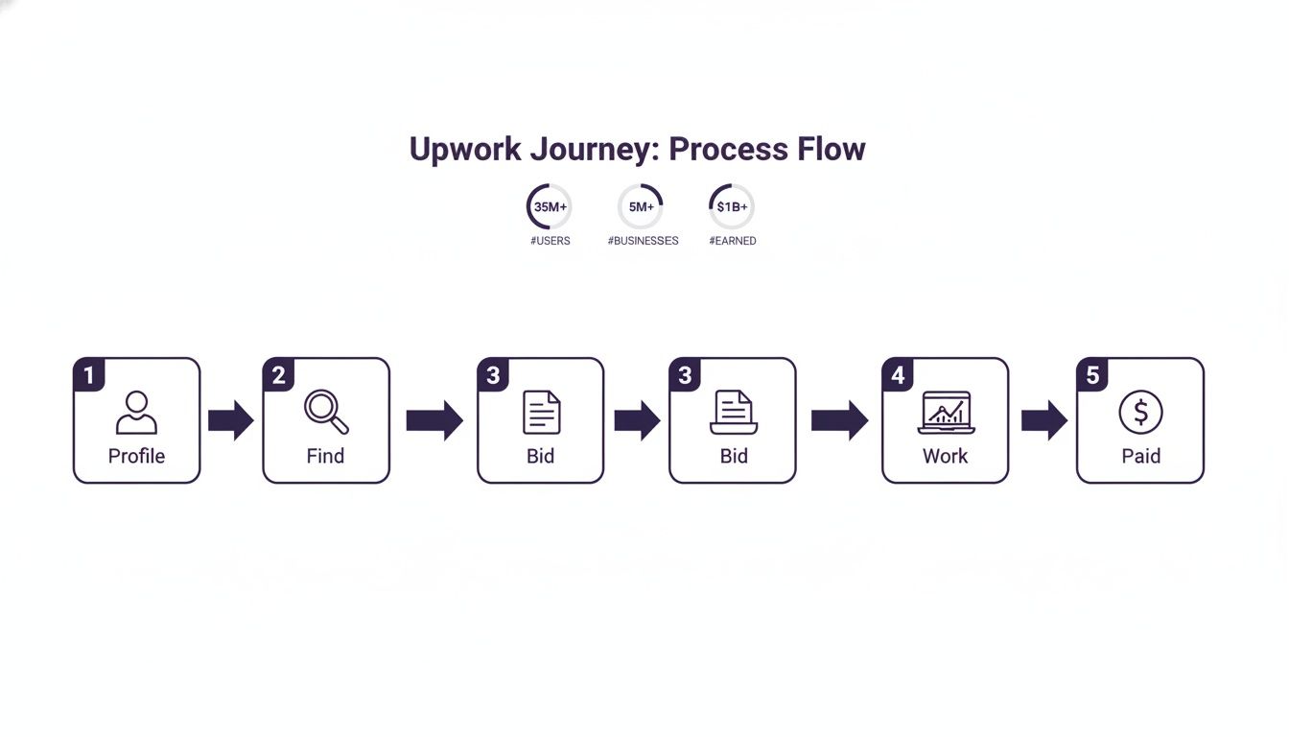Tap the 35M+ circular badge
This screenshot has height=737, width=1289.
pyautogui.click(x=550, y=206)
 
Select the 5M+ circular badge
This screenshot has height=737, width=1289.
pyautogui.click(x=641, y=206)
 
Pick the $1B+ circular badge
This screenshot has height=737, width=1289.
pyautogui.click(x=732, y=206)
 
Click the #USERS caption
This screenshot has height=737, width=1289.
pyautogui.click(x=550, y=241)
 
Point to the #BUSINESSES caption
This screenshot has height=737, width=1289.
pyautogui.click(x=643, y=241)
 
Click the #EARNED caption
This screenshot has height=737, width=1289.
pyautogui.click(x=733, y=241)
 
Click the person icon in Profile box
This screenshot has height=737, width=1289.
pyautogui.click(x=136, y=413)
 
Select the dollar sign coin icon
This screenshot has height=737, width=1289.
pyautogui.click(x=1140, y=413)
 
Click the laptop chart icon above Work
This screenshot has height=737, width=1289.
pyautogui.click(x=946, y=414)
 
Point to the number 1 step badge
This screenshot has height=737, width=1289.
pyautogui.click(x=89, y=375)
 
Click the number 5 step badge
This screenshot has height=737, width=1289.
pyautogui.click(x=1092, y=375)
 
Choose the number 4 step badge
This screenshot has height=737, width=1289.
pyautogui.click(x=898, y=375)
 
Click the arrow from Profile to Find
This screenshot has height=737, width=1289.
pyautogui.click(x=230, y=420)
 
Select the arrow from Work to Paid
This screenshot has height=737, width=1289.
pyautogui.click(x=1043, y=420)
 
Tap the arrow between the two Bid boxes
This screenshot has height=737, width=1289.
pyautogui.click(x=637, y=420)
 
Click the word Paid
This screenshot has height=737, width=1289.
pyautogui.click(x=1140, y=456)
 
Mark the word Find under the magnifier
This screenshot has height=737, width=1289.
pyautogui.click(x=325, y=456)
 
